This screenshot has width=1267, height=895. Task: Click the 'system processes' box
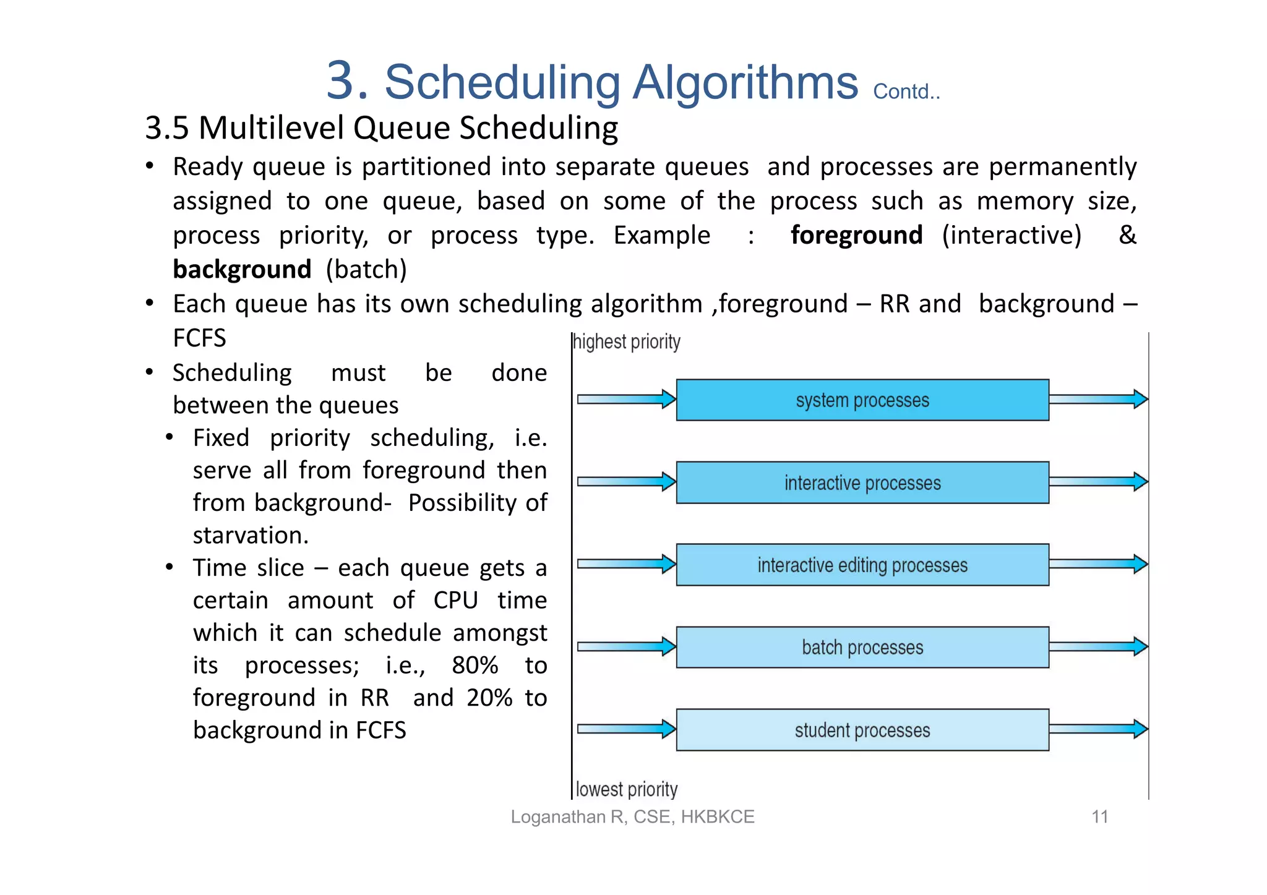click(x=862, y=400)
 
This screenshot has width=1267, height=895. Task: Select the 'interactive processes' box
click(x=862, y=482)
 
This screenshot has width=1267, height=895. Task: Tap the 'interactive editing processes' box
click(x=862, y=565)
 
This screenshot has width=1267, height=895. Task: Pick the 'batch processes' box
click(x=862, y=647)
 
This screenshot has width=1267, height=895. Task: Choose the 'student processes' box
click(x=862, y=730)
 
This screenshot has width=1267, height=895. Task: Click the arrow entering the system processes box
click(x=626, y=399)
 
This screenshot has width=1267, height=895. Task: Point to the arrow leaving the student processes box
click(x=1098, y=729)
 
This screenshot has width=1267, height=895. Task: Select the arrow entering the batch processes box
click(x=626, y=646)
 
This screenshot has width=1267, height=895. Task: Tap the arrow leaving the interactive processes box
click(x=1098, y=481)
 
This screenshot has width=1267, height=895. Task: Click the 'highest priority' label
click(x=627, y=342)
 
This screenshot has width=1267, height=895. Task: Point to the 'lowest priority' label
click(x=627, y=789)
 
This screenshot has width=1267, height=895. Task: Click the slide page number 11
click(x=1099, y=817)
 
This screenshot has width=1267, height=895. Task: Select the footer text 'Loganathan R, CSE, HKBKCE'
click(x=632, y=817)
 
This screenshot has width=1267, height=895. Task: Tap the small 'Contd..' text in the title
click(x=906, y=92)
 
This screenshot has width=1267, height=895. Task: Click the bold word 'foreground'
click(x=856, y=236)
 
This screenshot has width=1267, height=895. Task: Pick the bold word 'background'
click(x=242, y=270)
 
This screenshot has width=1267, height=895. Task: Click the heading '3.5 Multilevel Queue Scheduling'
click(x=381, y=129)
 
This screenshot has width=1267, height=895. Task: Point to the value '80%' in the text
click(x=475, y=666)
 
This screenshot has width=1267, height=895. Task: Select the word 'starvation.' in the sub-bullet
click(x=251, y=536)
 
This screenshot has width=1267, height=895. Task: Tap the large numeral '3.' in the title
click(x=347, y=81)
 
